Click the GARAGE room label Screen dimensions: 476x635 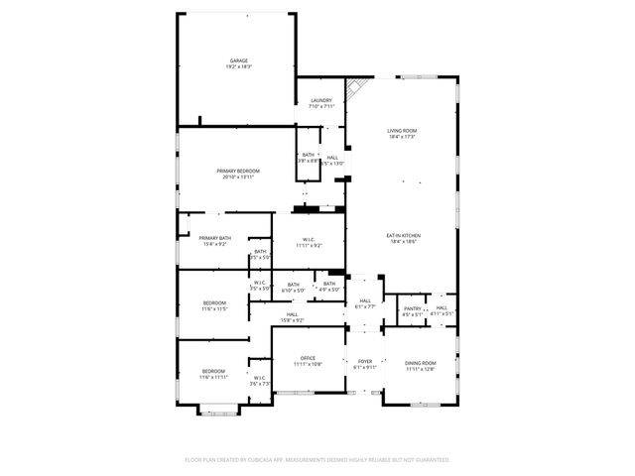(238, 60)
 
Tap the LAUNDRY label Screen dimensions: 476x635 (320, 100)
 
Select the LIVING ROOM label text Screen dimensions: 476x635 (401, 131)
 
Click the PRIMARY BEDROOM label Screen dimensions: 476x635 (238, 171)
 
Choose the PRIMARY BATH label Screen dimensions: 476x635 (214, 238)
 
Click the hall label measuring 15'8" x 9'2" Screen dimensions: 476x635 (292, 318)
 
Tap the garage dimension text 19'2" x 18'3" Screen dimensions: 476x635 (238, 66)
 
